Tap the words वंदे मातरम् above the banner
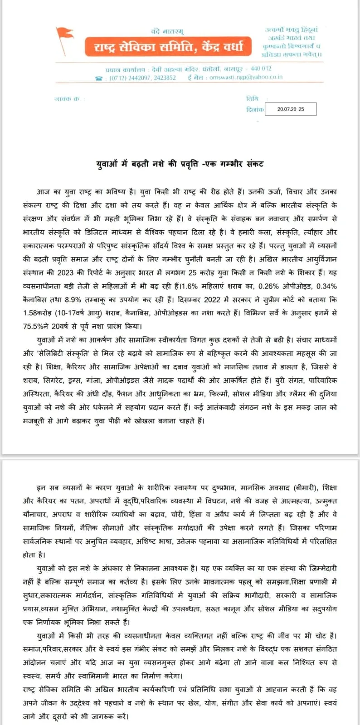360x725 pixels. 167,31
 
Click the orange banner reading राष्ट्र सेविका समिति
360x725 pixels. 168,47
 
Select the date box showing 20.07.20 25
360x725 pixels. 290,109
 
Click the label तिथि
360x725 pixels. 252,98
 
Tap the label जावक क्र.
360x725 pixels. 67,99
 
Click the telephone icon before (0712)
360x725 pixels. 99,78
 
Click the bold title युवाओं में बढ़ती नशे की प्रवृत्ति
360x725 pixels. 180,164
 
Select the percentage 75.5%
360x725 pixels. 34,326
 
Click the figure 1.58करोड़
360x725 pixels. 37,313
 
